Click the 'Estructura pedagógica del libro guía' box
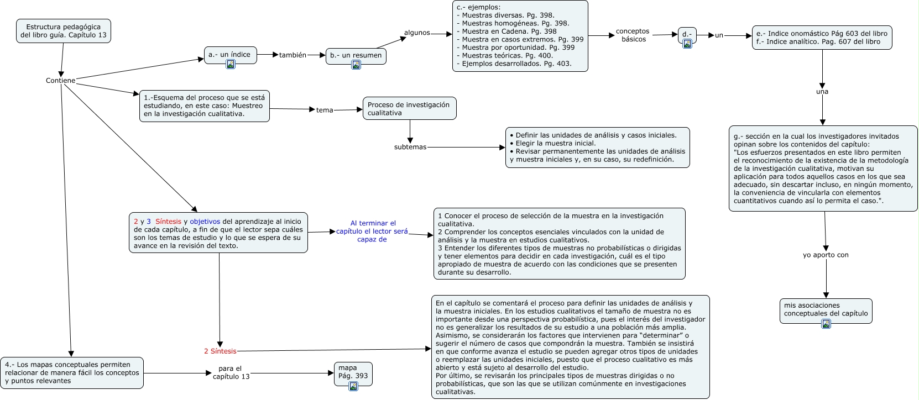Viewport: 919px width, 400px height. pyautogui.click(x=63, y=31)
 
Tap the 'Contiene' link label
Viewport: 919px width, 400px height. pyautogui.click(x=60, y=81)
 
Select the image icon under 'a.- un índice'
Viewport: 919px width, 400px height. pyautogui.click(x=231, y=64)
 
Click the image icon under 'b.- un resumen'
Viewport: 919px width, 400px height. pyautogui.click(x=356, y=65)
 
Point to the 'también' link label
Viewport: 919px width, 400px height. pyautogui.click(x=293, y=55)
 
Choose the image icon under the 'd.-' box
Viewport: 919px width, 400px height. pyautogui.click(x=687, y=44)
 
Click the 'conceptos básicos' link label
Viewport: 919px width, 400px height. pyautogui.click(x=633, y=35)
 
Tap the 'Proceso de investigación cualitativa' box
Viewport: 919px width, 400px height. pyautogui.click(x=409, y=108)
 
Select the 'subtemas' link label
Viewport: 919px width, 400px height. pyautogui.click(x=410, y=147)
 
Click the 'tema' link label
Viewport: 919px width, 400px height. pyautogui.click(x=325, y=110)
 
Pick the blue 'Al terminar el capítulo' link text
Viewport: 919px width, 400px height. pyautogui.click(x=372, y=231)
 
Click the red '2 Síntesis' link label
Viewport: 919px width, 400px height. pyautogui.click(x=220, y=351)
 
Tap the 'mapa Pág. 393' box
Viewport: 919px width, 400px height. pyautogui.click(x=353, y=372)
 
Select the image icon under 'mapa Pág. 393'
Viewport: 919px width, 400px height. pyautogui.click(x=353, y=386)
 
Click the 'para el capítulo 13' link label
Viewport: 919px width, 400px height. pyautogui.click(x=231, y=372)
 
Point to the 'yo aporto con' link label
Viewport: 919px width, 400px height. pyautogui.click(x=826, y=255)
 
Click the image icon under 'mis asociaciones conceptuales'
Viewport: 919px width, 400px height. pyautogui.click(x=826, y=324)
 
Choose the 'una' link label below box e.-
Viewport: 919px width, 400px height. pyautogui.click(x=822, y=92)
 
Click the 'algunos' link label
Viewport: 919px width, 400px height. pyautogui.click(x=417, y=33)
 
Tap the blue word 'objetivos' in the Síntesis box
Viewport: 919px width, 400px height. pyautogui.click(x=205, y=222)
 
